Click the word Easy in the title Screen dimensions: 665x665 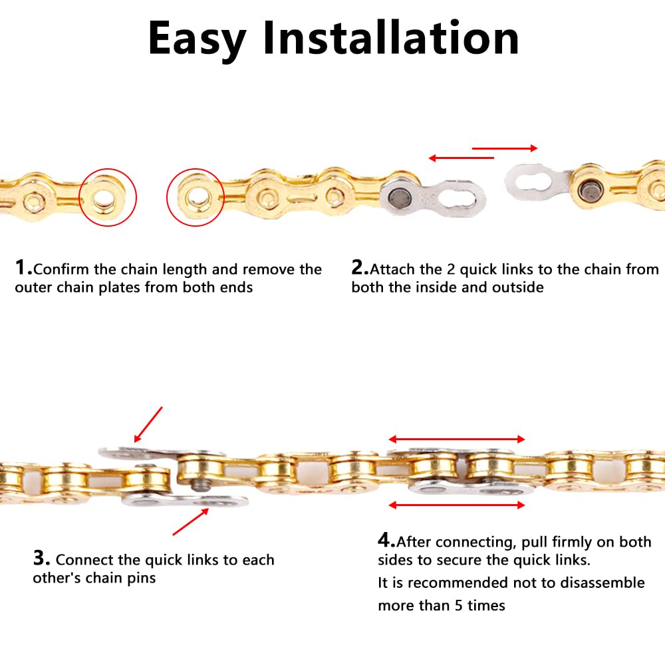point(197,39)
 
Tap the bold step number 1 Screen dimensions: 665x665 point(23,268)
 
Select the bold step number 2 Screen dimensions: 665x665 point(360,268)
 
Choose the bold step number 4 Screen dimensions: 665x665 point(386,539)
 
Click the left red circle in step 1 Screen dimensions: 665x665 point(107,198)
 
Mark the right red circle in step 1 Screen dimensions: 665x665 point(196,196)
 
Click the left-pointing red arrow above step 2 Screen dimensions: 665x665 point(461,158)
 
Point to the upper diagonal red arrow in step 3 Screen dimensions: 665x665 point(148,425)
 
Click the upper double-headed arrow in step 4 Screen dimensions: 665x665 point(457,439)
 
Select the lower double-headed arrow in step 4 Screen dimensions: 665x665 point(457,505)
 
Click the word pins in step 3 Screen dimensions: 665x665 point(140,578)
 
